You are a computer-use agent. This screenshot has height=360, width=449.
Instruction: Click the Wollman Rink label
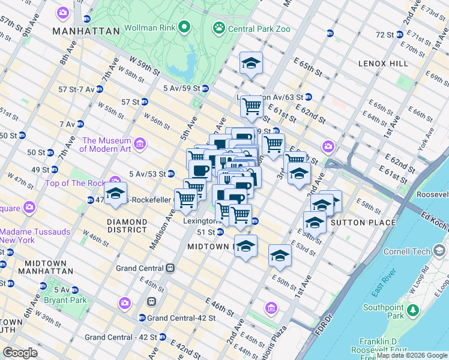click(150, 28)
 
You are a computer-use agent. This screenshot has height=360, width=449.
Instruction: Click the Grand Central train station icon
click(170, 268)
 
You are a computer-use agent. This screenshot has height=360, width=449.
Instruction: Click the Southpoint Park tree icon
click(412, 310)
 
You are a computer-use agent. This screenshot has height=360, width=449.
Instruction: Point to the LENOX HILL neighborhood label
click(383, 63)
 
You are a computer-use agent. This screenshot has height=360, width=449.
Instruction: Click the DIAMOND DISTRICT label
click(127, 226)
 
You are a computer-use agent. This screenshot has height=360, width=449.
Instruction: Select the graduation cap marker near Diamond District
click(115, 194)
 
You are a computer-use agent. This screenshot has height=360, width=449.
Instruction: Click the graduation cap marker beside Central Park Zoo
click(251, 63)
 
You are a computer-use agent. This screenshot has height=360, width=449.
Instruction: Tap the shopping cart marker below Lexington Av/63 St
click(252, 107)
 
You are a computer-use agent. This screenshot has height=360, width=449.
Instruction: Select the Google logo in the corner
click(20, 352)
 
